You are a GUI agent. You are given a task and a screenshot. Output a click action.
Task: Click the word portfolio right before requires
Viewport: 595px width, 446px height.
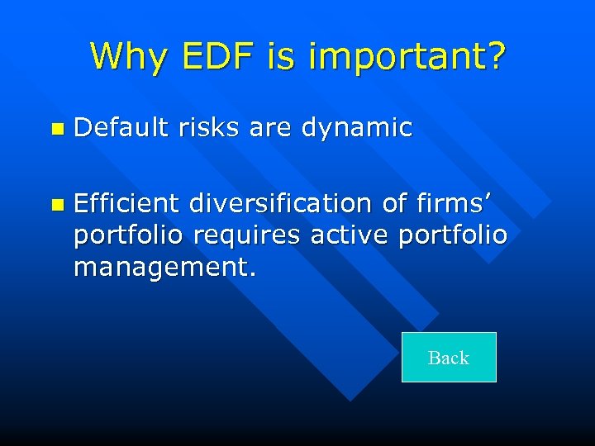click(x=129, y=235)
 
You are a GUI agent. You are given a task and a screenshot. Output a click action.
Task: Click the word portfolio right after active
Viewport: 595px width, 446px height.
click(x=453, y=235)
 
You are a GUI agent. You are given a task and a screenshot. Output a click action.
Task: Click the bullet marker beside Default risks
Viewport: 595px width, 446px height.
click(x=55, y=129)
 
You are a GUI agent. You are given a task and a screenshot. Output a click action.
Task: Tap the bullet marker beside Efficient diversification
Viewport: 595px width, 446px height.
click(x=55, y=203)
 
